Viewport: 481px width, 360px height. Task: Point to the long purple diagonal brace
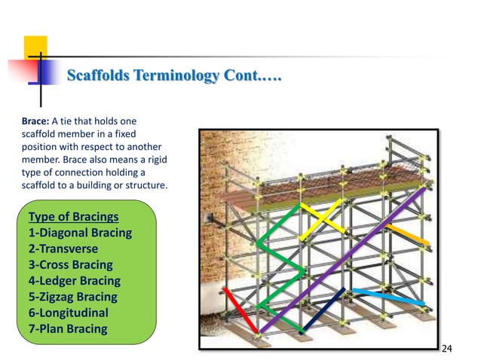(347, 260)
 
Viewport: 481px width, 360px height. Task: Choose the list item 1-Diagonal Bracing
(80, 233)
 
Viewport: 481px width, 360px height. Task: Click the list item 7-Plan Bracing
(67, 328)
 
